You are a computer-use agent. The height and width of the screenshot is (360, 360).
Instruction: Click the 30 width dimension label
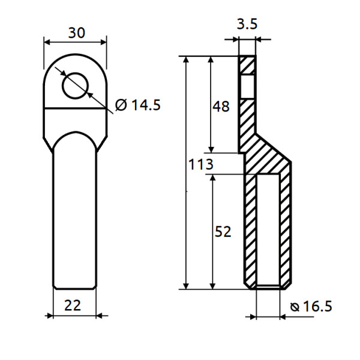[x=76, y=32]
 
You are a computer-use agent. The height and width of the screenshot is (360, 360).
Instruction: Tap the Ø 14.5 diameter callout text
[x=137, y=106]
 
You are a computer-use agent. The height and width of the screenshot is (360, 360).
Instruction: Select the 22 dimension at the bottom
[x=73, y=305]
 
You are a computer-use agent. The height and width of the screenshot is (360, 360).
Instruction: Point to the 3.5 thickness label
[x=247, y=25]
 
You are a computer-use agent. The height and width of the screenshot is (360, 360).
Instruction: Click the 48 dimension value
[x=221, y=107]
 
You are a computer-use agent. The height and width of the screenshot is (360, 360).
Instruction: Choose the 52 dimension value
[x=223, y=232]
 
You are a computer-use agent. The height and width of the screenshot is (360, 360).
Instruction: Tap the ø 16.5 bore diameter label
[x=310, y=307]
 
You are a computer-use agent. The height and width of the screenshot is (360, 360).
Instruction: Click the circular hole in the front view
[x=75, y=85]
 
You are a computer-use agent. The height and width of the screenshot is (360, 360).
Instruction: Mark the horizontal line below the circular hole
[x=75, y=108]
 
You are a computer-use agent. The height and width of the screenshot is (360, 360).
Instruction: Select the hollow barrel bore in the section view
[x=267, y=231]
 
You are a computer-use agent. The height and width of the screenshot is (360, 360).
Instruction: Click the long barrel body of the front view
[x=75, y=216]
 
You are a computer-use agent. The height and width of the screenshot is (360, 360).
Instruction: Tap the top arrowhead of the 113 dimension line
[x=187, y=61]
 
